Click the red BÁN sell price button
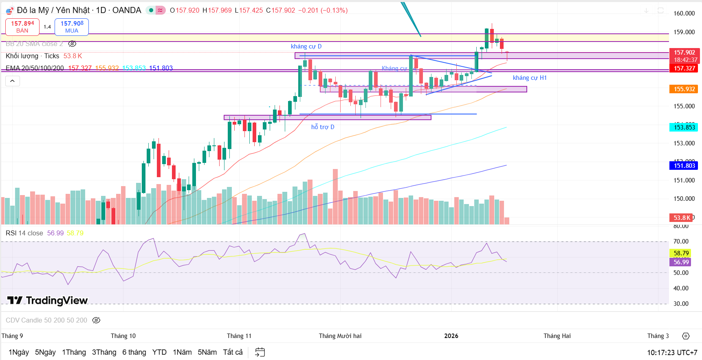22,27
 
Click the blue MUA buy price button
72,27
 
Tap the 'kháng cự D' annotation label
306,46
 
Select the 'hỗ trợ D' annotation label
323,127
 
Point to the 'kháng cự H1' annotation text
529,78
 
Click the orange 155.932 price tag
684,89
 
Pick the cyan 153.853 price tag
684,127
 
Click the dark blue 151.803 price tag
684,166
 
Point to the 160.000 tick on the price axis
684,13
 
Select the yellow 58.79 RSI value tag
681,253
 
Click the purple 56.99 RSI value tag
681,262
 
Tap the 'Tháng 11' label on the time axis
239,336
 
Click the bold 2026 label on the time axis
451,336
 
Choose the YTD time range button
159,352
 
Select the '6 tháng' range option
134,352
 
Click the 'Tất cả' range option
233,352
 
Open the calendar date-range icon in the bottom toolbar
260,352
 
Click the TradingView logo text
48,301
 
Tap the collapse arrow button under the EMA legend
13,81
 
